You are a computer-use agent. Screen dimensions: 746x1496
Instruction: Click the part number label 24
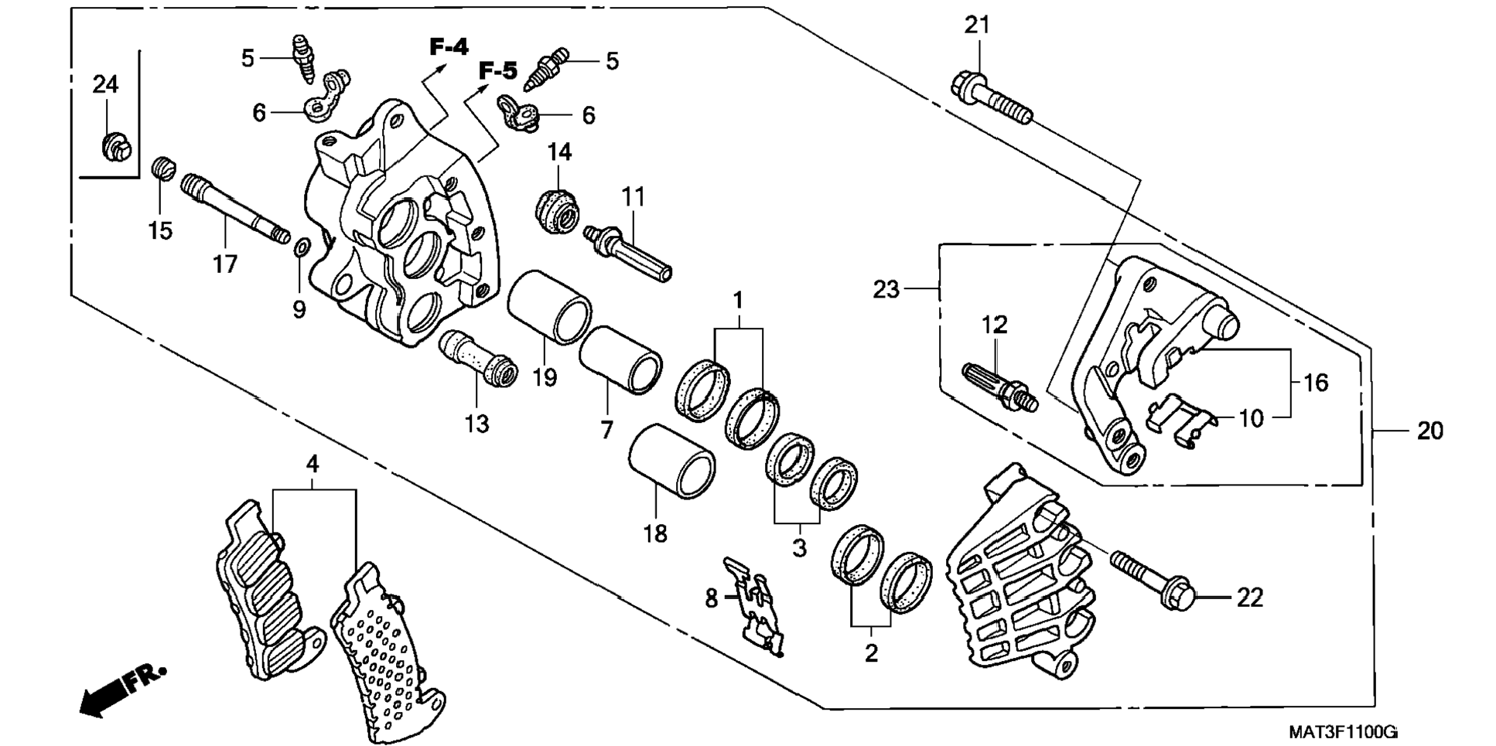[x=105, y=84]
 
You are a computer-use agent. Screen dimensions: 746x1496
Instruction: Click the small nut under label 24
[x=118, y=145]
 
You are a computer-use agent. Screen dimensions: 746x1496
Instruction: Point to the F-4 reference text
[x=449, y=47]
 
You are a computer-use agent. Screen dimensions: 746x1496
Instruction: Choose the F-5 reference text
[x=497, y=72]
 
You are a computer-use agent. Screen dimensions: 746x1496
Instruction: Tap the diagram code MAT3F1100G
[x=1343, y=731]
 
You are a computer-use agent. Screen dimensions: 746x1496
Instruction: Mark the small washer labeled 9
[x=302, y=247]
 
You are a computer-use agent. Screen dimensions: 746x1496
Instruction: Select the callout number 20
[x=1429, y=431]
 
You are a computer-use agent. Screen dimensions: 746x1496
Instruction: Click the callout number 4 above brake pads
[x=312, y=464]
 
